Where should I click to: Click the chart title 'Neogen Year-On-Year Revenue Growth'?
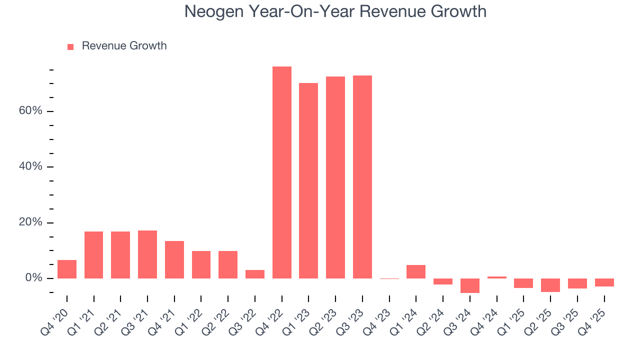(x=335, y=11)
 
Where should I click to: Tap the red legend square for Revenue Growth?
(x=70, y=46)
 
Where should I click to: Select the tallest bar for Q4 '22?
(x=281, y=172)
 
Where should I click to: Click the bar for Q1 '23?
(x=308, y=180)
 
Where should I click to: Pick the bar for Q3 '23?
(x=362, y=177)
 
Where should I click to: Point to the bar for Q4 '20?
(x=67, y=269)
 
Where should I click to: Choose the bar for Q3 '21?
(x=147, y=254)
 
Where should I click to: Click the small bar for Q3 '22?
(x=255, y=274)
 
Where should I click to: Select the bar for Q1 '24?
(x=416, y=271)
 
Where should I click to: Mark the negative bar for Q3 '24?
(x=470, y=285)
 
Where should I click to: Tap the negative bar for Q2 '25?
(x=550, y=285)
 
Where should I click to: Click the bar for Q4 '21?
(x=174, y=259)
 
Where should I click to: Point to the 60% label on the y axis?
(x=30, y=110)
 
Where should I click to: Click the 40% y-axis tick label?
(x=30, y=166)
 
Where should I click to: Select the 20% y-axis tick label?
(x=30, y=222)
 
